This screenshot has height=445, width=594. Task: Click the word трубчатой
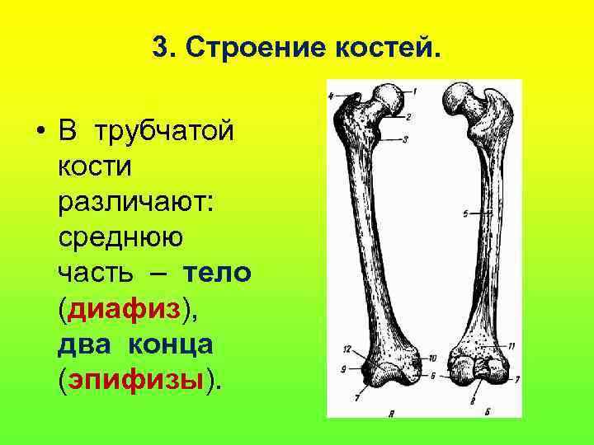pos(164,131)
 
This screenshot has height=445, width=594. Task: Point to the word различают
pos(135,202)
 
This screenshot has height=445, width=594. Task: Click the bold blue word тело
pos(217,273)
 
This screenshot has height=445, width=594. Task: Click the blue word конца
pos(172,344)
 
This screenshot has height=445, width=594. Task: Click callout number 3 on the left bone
pos(405,139)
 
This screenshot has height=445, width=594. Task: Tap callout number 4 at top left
pos(332,96)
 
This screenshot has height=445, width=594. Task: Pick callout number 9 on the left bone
pos(342,370)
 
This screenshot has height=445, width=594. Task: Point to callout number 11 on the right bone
pos(511,345)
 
